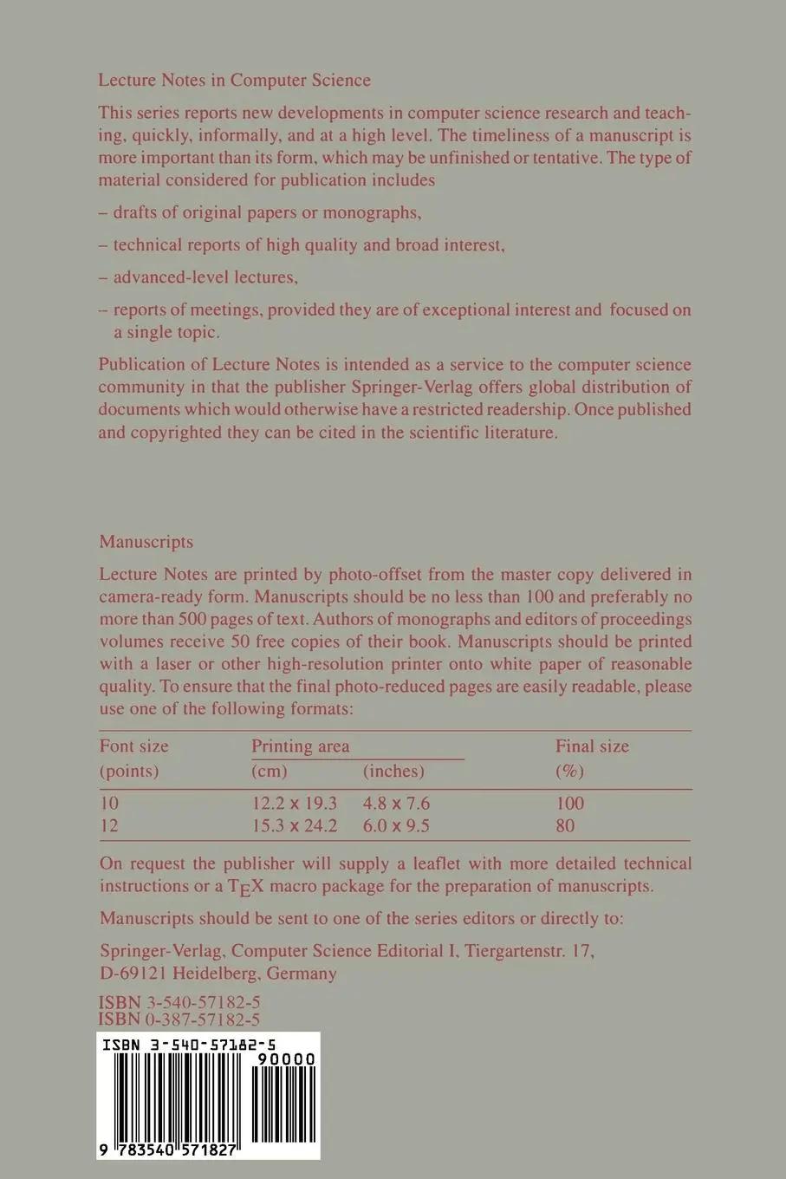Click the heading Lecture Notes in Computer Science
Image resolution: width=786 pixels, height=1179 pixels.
coord(234,81)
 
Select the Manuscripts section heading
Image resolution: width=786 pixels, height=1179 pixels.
coord(146,542)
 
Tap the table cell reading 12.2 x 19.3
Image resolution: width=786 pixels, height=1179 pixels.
coord(294,803)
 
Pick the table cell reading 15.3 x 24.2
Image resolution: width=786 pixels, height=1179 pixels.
coord(294,825)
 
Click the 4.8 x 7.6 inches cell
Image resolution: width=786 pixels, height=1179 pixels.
coord(396,803)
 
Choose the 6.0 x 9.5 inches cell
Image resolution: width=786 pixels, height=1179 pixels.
coord(396,825)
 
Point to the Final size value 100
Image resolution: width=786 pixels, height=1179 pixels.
coord(569,803)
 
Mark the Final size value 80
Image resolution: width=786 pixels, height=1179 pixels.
coord(565,825)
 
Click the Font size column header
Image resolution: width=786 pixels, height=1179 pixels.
coord(134,746)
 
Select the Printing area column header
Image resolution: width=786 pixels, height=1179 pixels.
coord(301,746)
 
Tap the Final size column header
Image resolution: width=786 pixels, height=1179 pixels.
coord(592,746)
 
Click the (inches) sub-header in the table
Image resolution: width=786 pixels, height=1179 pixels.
coord(393,771)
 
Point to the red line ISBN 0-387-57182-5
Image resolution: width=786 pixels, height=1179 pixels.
coord(180,1020)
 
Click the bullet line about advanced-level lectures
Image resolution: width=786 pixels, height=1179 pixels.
coord(205,277)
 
